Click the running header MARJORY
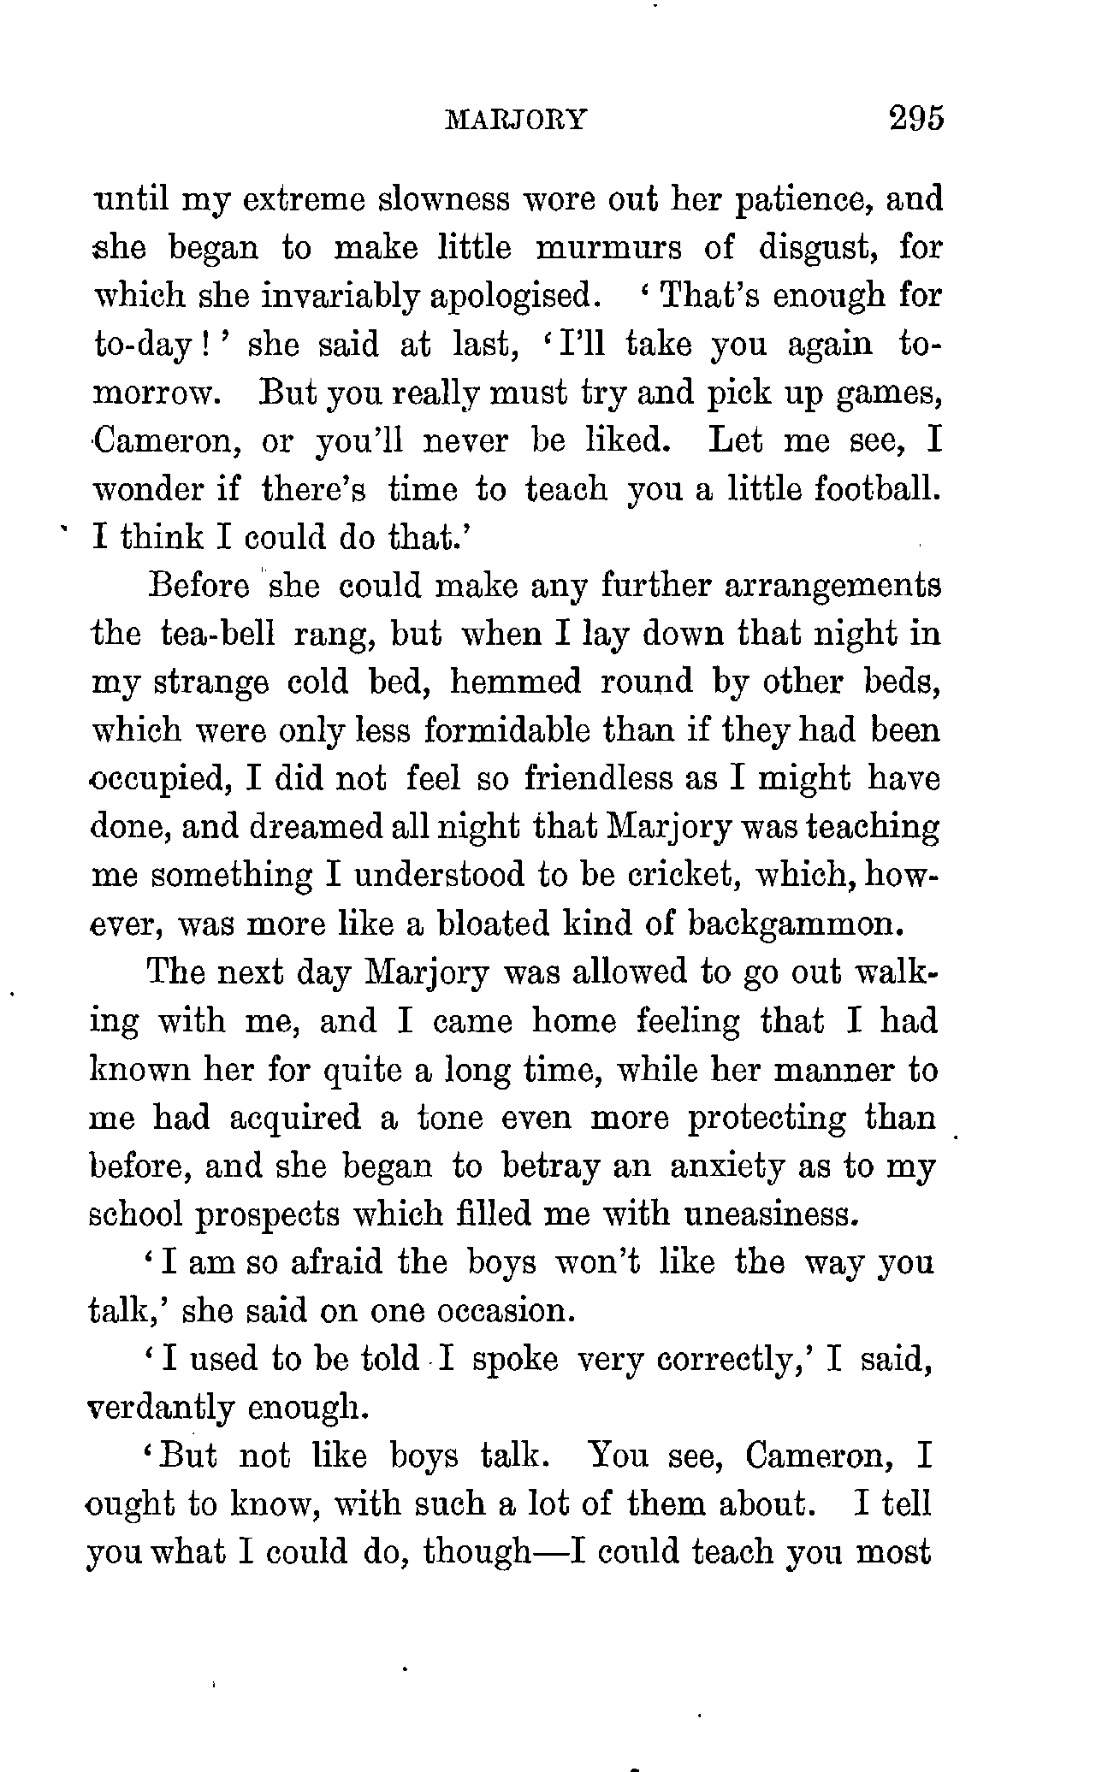click(x=515, y=120)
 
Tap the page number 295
click(x=915, y=117)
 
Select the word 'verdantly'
click(x=160, y=1407)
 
